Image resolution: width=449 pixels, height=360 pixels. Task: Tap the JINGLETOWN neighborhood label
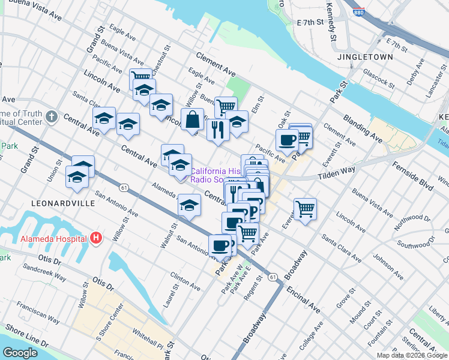point(365,57)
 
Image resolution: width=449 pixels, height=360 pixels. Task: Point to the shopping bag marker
point(193,119)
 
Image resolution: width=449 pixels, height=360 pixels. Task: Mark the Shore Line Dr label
point(27,336)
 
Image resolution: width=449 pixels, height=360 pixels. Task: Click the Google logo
point(20,353)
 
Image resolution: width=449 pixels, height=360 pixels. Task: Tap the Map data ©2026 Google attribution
point(412,355)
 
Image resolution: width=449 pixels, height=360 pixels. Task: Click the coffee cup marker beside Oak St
point(287,139)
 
